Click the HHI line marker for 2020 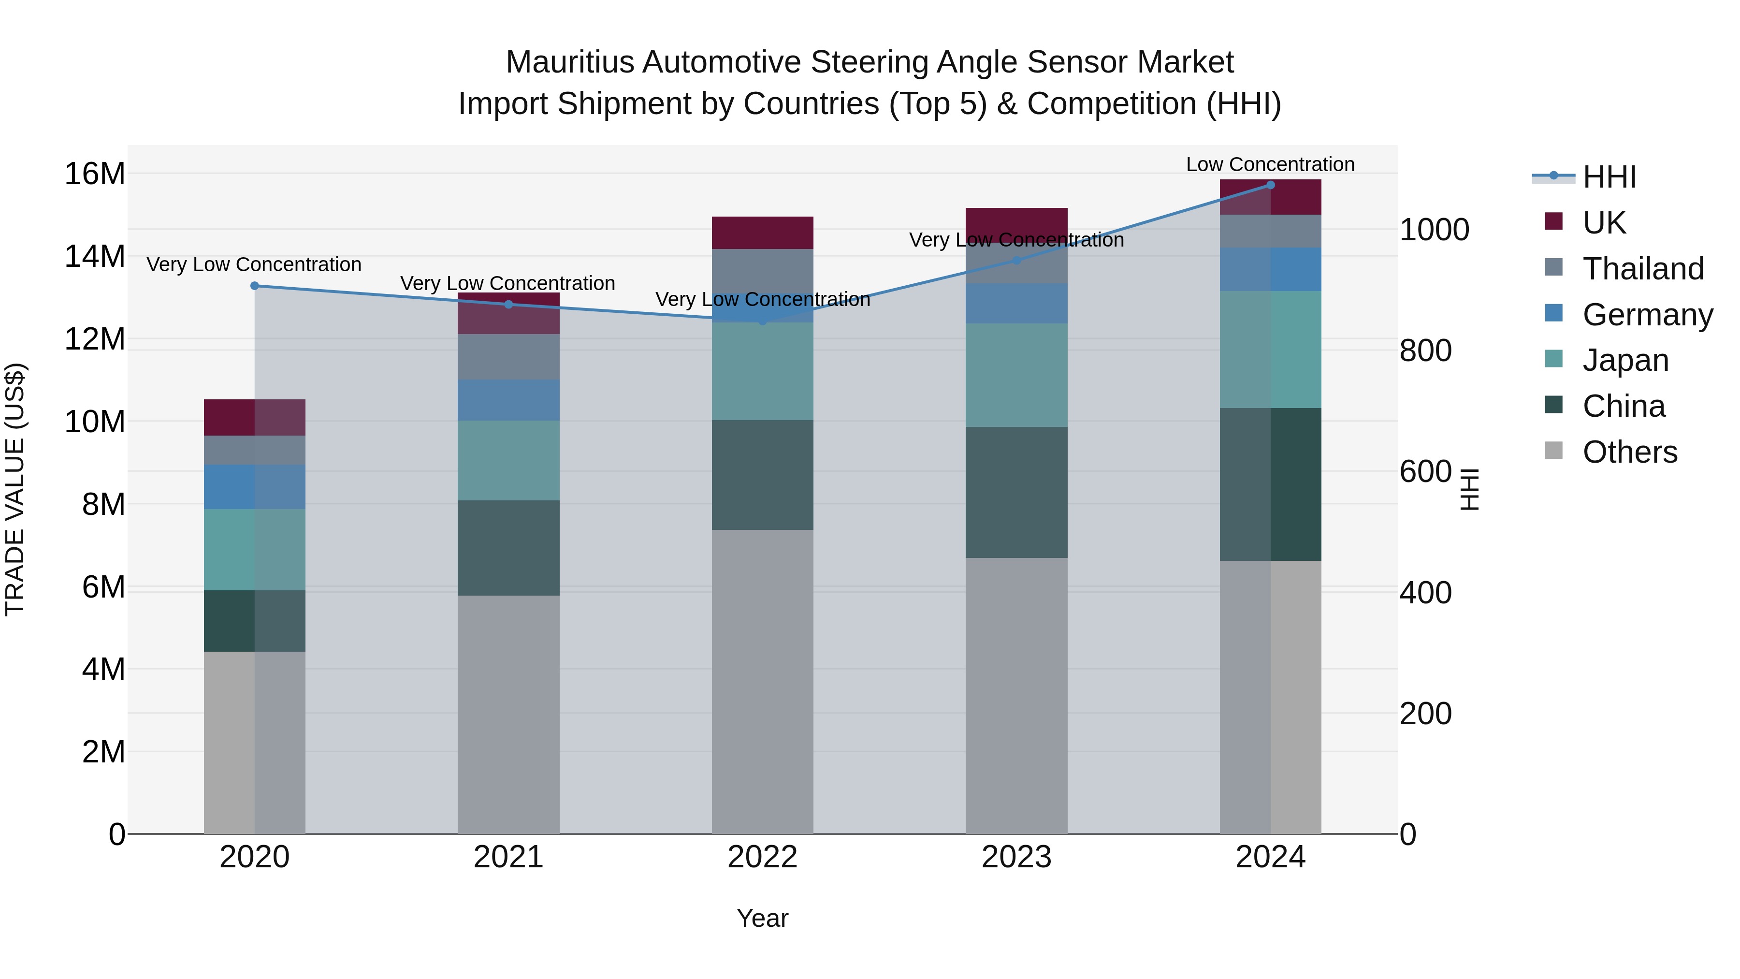(x=255, y=286)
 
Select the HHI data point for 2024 (x=1271, y=185)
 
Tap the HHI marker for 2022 (x=763, y=321)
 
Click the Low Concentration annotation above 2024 (x=1270, y=165)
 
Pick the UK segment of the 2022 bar (x=763, y=233)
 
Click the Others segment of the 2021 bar (x=508, y=714)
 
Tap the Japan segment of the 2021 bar (x=508, y=460)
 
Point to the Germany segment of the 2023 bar (x=1016, y=303)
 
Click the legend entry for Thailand (x=1643, y=269)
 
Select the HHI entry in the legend (x=1609, y=177)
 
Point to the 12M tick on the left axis (x=95, y=339)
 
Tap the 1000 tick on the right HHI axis (x=1434, y=230)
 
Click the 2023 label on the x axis (x=1016, y=857)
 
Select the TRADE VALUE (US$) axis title (x=15, y=489)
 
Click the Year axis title (x=763, y=918)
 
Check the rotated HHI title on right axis (x=1470, y=489)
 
